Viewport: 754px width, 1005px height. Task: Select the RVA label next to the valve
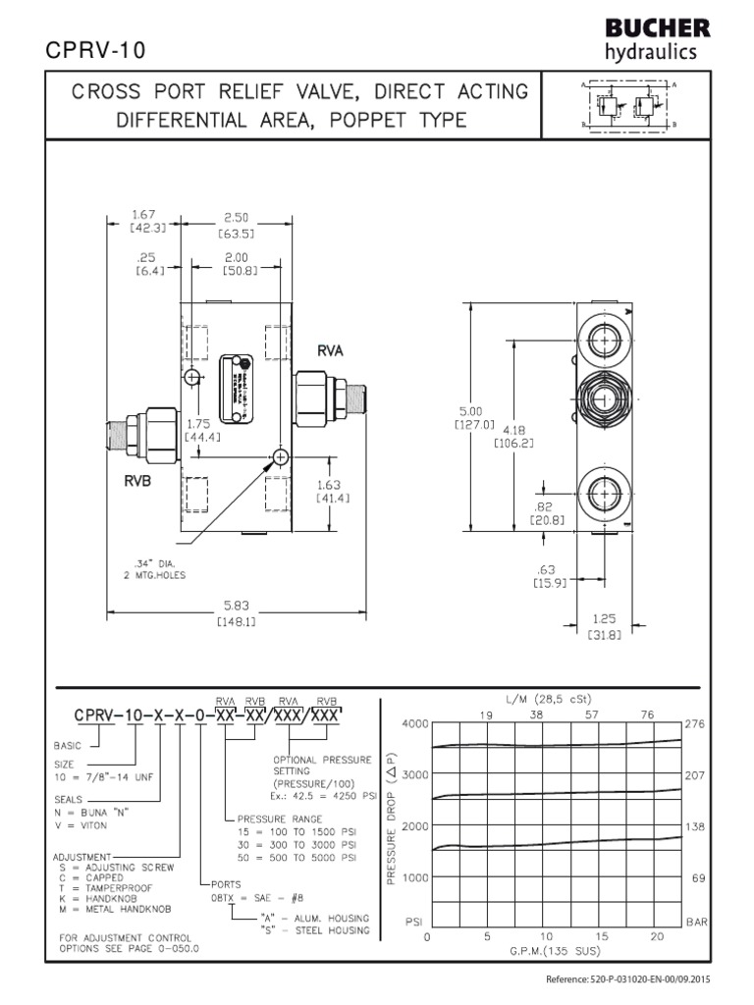[330, 349]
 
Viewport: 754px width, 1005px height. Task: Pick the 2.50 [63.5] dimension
[239, 227]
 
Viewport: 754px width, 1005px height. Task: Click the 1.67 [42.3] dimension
[146, 221]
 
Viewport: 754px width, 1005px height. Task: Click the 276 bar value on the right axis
[695, 723]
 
